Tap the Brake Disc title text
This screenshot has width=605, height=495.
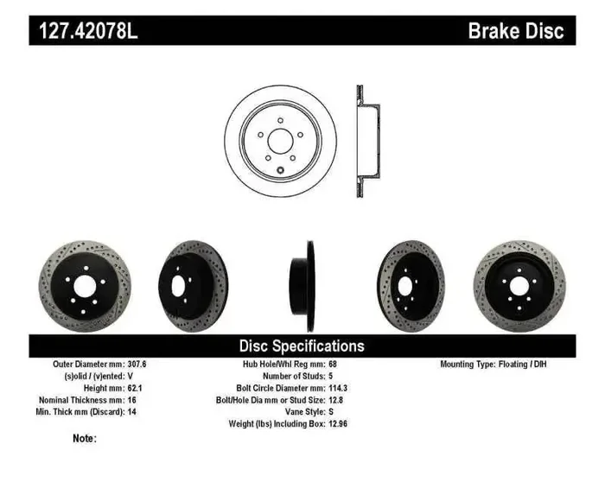[515, 32]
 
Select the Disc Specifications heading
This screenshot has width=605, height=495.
[302, 346]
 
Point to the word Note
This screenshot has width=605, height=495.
[85, 439]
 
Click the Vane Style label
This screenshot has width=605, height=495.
[298, 413]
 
